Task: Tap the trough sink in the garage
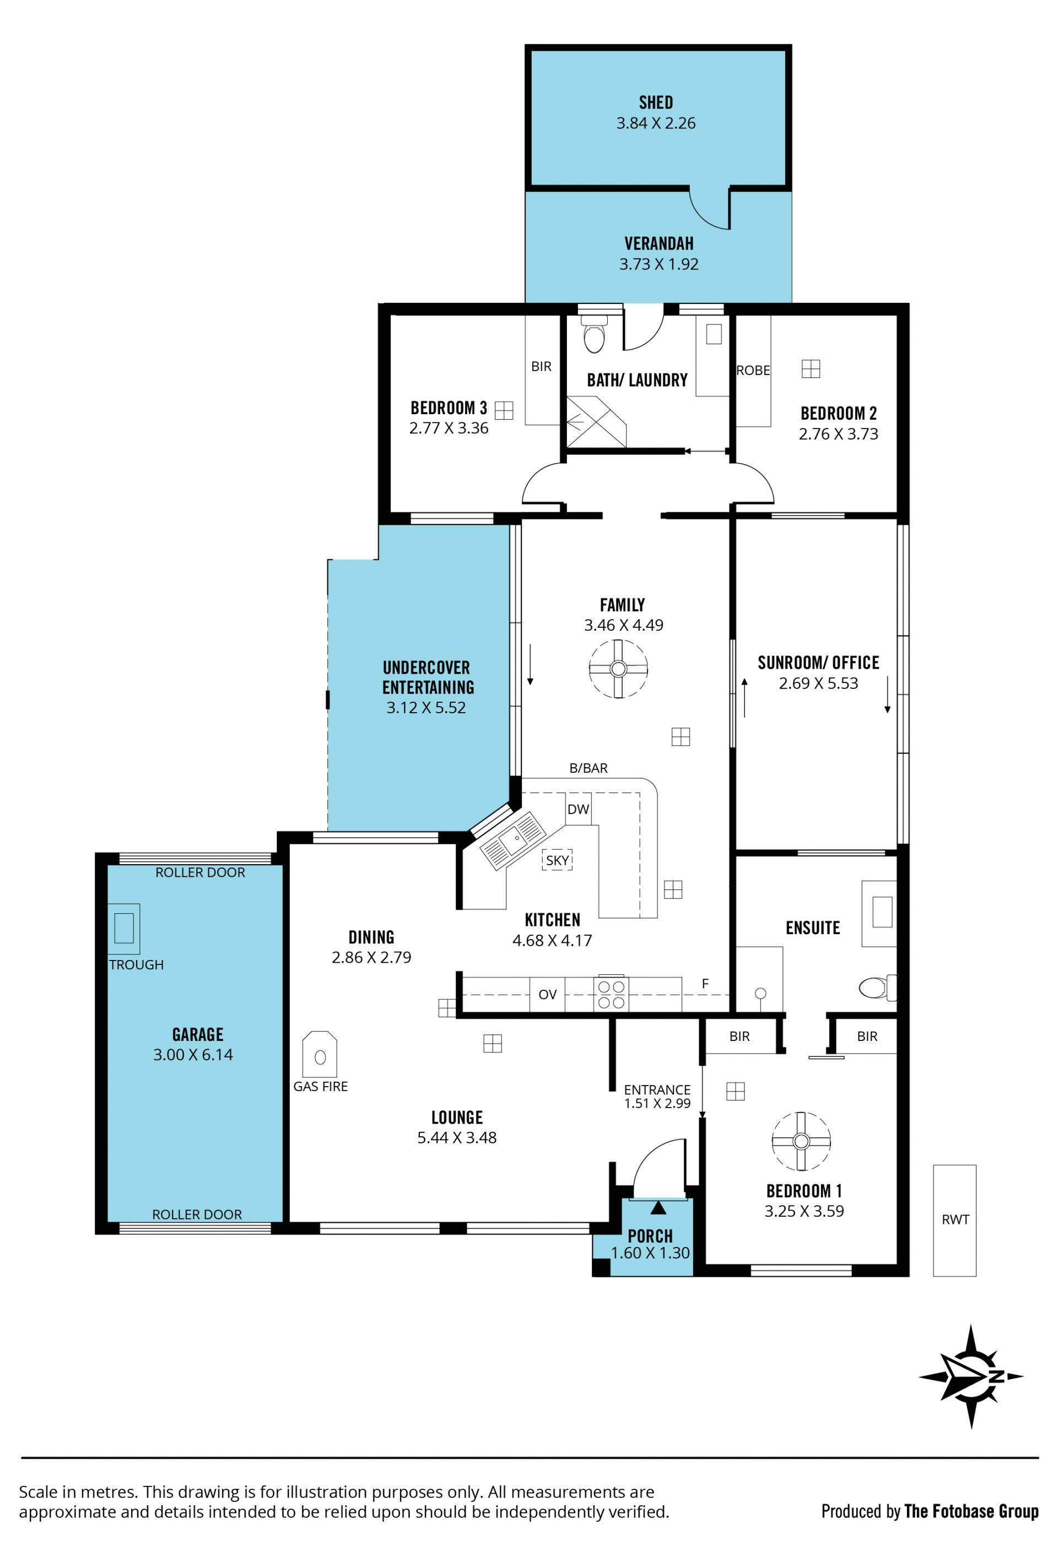point(124,928)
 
